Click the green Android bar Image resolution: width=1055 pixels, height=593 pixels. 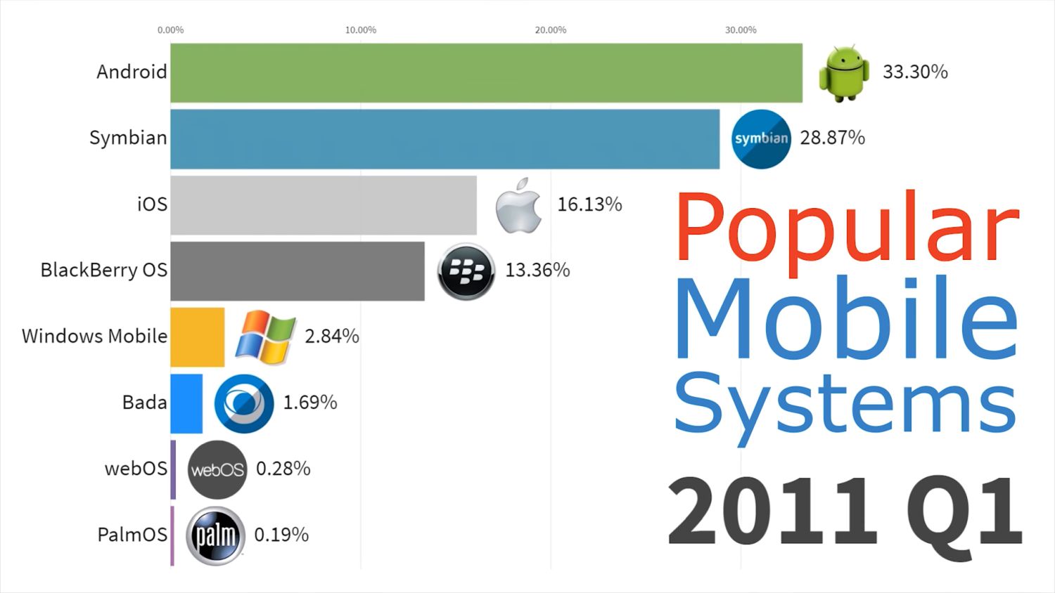point(485,73)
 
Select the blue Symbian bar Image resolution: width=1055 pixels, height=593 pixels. point(445,139)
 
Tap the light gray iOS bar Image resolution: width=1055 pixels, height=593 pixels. point(323,205)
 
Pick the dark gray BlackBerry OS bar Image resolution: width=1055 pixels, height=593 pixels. point(297,271)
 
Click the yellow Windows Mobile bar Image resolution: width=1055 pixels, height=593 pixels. point(197,337)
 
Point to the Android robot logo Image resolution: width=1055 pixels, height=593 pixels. point(843,73)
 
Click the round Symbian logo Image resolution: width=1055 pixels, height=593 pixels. point(761,139)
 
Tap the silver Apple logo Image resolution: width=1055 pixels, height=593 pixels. point(519,205)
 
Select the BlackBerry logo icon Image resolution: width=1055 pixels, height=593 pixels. point(466,271)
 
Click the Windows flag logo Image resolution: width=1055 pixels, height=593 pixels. point(265,337)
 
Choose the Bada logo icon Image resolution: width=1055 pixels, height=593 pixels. point(244,403)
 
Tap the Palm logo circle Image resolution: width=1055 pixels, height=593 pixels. point(215,535)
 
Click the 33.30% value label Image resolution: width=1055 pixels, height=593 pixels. point(915,72)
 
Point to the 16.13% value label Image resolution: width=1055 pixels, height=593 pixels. point(589,204)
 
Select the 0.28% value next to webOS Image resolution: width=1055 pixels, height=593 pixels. point(283,469)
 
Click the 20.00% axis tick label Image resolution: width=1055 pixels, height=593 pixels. point(550,30)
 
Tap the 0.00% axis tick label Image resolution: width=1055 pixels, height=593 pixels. point(170,30)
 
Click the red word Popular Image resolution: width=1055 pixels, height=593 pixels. point(846,228)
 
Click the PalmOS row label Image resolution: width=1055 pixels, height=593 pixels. point(132,535)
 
